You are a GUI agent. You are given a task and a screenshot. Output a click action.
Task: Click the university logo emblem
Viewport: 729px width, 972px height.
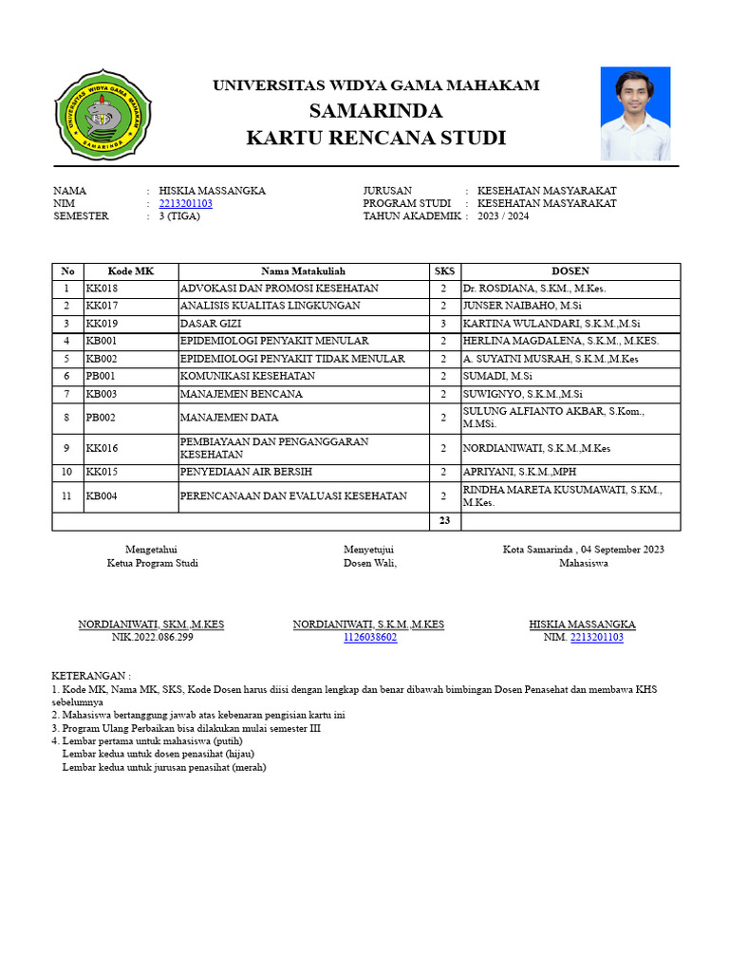(x=102, y=114)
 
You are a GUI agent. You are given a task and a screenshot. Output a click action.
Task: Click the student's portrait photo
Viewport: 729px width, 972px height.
(x=635, y=113)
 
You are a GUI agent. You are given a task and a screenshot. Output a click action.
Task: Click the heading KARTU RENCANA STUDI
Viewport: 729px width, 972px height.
(x=376, y=139)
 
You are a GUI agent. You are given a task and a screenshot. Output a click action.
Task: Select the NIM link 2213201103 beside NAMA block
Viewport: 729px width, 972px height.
(x=186, y=203)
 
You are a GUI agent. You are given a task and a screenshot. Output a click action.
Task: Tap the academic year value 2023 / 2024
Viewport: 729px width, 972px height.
(x=503, y=216)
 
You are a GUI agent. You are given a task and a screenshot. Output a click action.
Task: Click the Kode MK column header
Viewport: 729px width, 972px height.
(x=131, y=271)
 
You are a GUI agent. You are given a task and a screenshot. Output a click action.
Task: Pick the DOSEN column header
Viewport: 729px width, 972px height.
(x=570, y=271)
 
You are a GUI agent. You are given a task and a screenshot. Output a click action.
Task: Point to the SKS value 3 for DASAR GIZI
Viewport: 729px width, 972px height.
(x=443, y=324)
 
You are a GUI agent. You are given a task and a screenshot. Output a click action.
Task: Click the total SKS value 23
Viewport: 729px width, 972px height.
(x=443, y=521)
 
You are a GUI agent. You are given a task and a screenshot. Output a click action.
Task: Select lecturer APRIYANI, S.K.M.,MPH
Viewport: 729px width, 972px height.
(x=519, y=472)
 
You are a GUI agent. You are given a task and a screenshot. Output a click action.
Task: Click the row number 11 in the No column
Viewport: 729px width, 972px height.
(x=67, y=495)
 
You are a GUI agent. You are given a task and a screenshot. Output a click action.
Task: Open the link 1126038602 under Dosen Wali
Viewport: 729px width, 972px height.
(x=370, y=638)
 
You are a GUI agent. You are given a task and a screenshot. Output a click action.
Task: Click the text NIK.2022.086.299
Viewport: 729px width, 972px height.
(x=152, y=638)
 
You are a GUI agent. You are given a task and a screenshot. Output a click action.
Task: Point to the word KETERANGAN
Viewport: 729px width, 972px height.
(x=91, y=675)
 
